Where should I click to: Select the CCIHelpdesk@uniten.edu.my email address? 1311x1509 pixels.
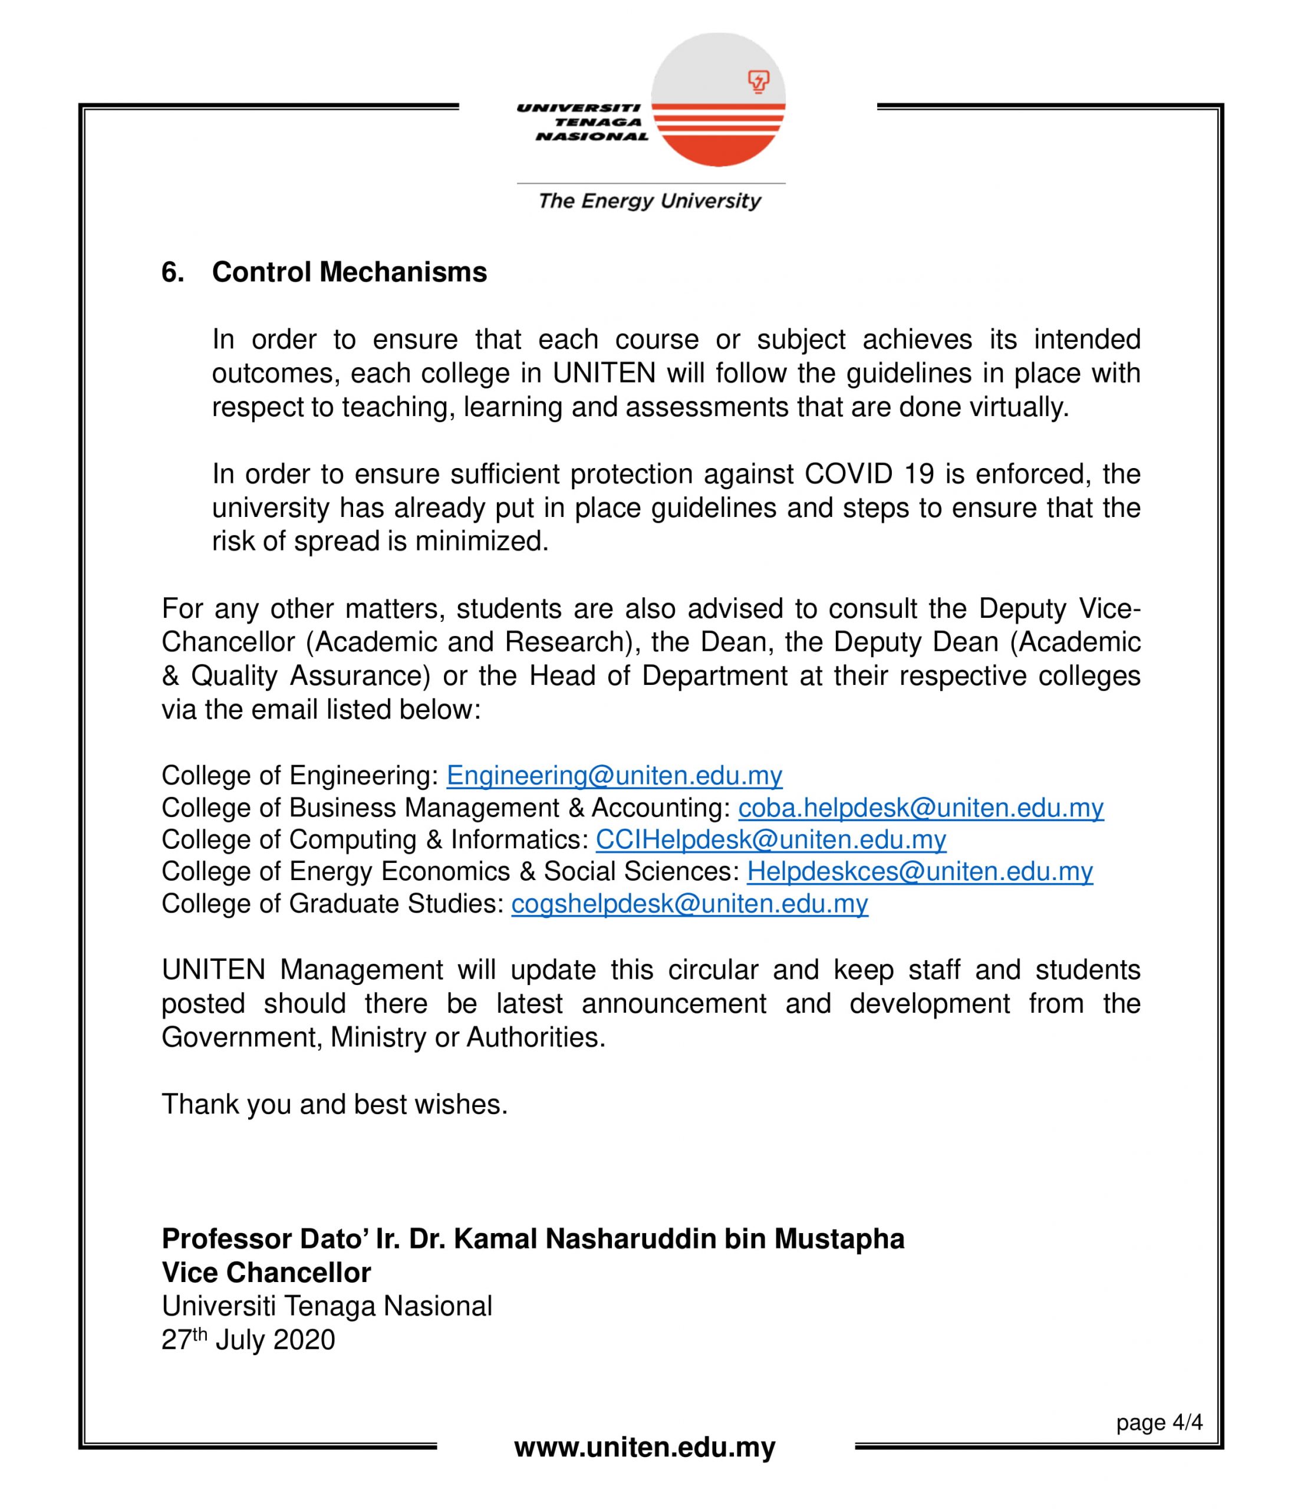pos(770,840)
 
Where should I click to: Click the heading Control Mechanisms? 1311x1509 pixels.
pos(349,272)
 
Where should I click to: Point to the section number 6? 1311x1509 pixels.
pos(173,272)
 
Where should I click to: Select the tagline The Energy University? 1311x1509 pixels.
pos(650,201)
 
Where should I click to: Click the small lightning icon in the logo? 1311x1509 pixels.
pos(759,81)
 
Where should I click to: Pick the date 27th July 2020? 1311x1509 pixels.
pos(248,1340)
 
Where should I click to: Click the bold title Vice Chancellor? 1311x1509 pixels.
pos(266,1273)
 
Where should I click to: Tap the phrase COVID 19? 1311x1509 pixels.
pos(869,474)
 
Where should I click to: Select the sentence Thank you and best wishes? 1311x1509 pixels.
pos(334,1104)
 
